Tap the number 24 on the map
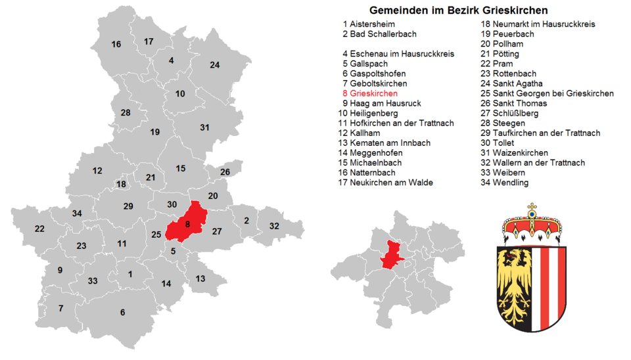214,64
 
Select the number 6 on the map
122,312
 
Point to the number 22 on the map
39,229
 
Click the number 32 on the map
274,226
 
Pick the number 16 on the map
116,45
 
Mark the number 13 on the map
200,279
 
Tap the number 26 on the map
225,172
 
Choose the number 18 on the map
121,185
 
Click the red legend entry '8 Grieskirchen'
373,93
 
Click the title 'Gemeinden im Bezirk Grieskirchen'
458,11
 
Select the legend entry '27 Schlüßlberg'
509,113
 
